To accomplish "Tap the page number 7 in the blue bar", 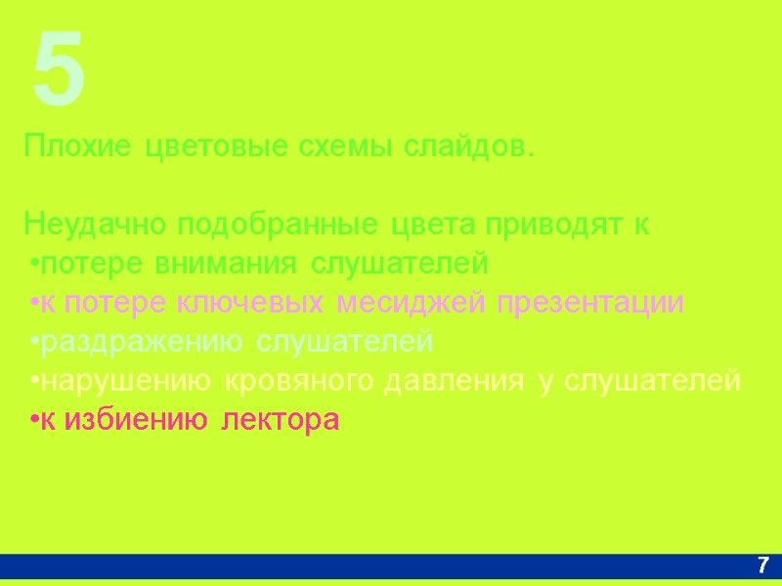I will (763, 565).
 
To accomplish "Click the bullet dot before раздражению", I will (33, 343).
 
